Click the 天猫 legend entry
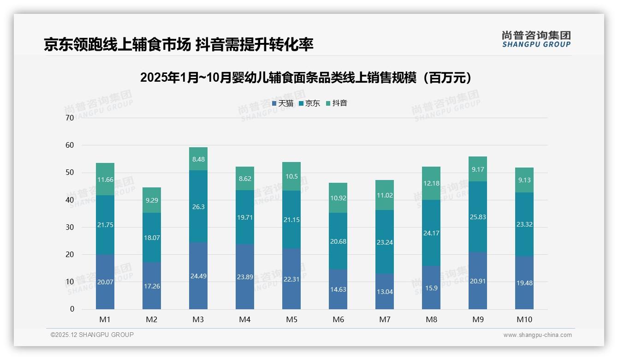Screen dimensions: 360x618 (283, 103)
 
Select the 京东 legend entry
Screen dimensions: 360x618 (309, 103)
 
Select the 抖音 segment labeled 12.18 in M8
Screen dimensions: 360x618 (431, 183)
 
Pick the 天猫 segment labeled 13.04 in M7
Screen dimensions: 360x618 (385, 291)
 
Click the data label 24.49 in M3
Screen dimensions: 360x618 (198, 276)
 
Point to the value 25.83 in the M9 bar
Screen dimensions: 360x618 (478, 217)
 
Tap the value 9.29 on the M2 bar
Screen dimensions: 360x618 (152, 200)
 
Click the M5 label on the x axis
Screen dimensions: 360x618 (291, 319)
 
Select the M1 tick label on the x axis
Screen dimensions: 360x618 (105, 319)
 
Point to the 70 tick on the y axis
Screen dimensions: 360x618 (70, 118)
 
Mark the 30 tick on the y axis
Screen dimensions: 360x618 (70, 227)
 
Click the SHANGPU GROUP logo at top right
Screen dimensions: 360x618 (536, 39)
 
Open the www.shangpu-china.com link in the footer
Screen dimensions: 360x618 (537, 335)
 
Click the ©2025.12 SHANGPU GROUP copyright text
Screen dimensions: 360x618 (92, 335)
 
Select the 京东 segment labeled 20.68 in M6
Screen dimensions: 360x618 (338, 241)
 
